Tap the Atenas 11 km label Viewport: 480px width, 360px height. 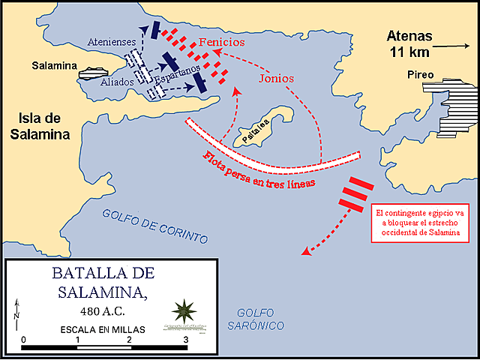click(x=409, y=43)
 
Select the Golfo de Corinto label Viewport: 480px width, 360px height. click(x=154, y=225)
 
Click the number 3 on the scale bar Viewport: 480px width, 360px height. click(x=184, y=340)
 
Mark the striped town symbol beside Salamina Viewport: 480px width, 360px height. click(x=89, y=73)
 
